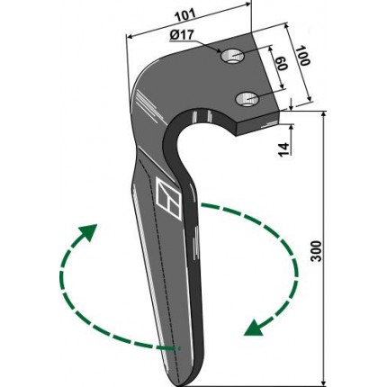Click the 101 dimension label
click(x=185, y=15)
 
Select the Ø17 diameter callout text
click(x=182, y=35)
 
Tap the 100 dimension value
click(x=303, y=56)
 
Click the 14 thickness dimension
click(x=283, y=149)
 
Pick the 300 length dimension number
click(x=316, y=251)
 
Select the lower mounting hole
click(x=247, y=99)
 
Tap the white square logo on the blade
click(x=168, y=198)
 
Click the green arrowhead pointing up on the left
click(x=89, y=231)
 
